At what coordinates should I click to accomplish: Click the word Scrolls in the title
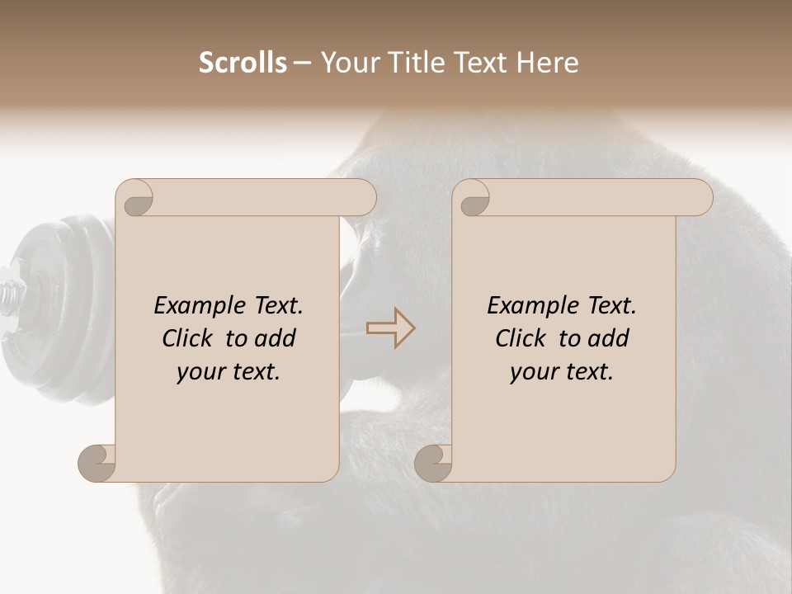coord(243,63)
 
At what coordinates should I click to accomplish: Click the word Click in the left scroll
coord(189,338)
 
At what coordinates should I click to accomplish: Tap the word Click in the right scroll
coord(522,338)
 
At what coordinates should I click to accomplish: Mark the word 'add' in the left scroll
coord(275,338)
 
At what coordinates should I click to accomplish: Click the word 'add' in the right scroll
coord(608,338)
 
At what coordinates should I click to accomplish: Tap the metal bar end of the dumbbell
coord(10,295)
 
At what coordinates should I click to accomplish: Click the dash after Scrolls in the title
coord(303,64)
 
